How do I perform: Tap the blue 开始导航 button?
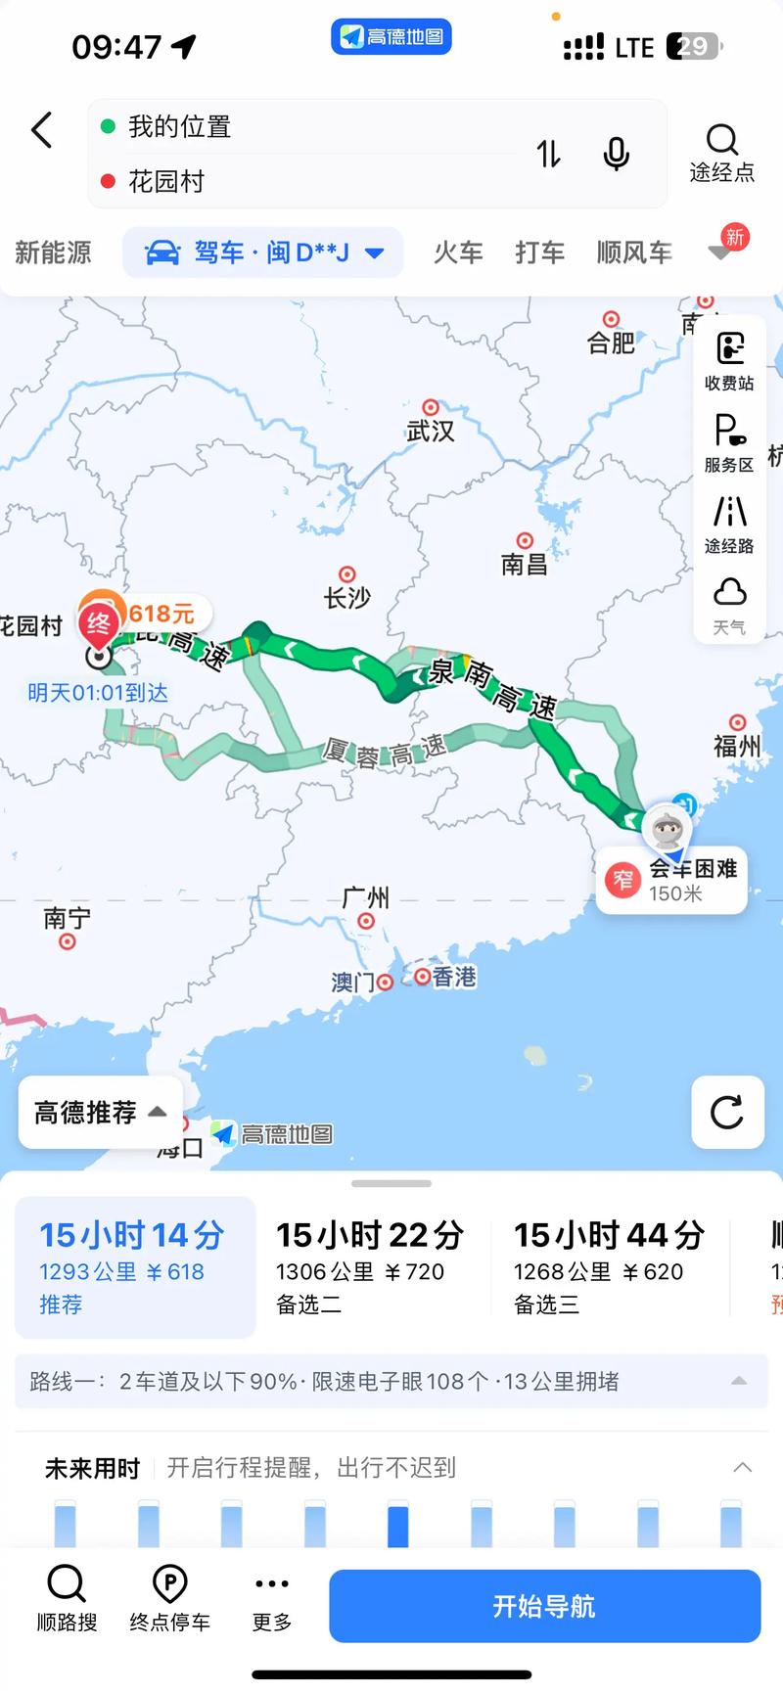(x=544, y=1606)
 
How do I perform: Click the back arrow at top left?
(x=42, y=130)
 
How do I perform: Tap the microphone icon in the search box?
(x=616, y=154)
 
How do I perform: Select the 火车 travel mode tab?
(x=458, y=252)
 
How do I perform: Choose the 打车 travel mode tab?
(x=539, y=252)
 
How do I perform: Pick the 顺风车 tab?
(x=634, y=252)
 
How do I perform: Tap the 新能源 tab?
(x=53, y=252)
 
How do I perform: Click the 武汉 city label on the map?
(x=431, y=430)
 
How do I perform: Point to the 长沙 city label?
(x=347, y=596)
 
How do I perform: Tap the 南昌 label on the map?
(x=525, y=563)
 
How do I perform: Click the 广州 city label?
(x=365, y=897)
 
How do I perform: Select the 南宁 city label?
(x=67, y=918)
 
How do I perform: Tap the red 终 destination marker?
(x=99, y=622)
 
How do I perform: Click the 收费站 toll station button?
(x=729, y=360)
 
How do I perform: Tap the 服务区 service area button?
(x=729, y=442)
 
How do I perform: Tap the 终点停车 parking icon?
(x=169, y=1597)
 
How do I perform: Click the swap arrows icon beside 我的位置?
(x=549, y=154)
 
